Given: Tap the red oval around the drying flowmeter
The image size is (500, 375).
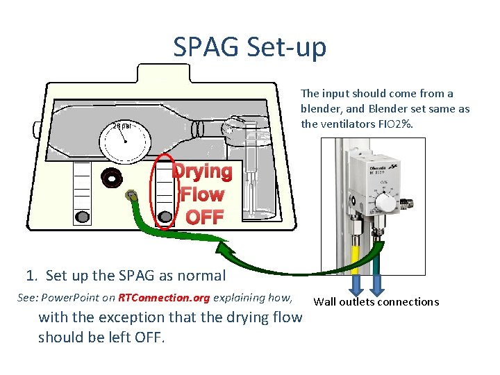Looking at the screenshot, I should [x=165, y=190].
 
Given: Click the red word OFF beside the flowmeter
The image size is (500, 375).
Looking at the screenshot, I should [x=205, y=217].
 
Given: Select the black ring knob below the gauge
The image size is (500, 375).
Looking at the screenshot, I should [x=111, y=178].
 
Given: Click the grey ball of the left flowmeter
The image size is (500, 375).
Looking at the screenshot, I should [x=82, y=217].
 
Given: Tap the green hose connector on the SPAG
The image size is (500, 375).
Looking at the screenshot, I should [x=129, y=197].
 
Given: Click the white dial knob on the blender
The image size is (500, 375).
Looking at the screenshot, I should [x=383, y=203].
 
